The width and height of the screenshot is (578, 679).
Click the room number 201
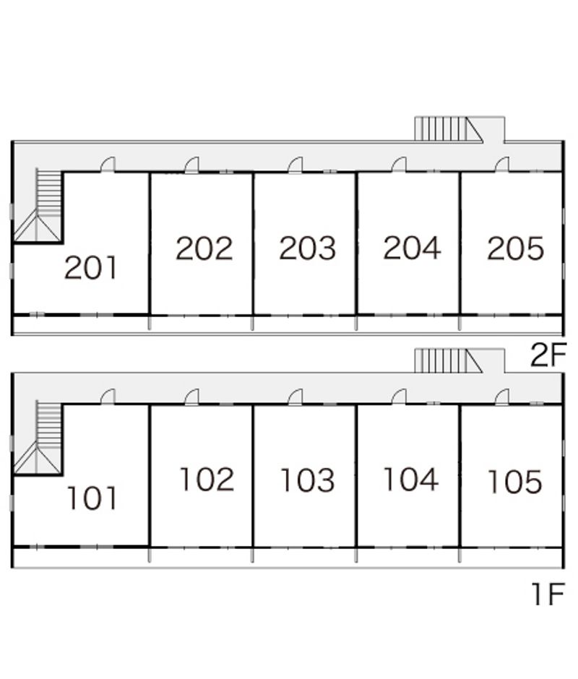click(90, 268)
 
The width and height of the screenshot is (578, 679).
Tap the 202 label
click(204, 248)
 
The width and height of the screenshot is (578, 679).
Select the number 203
click(308, 248)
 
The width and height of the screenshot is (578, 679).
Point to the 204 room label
click(412, 248)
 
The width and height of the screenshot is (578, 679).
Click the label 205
click(515, 248)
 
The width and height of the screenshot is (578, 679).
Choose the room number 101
click(92, 498)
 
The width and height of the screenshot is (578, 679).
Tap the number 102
click(207, 480)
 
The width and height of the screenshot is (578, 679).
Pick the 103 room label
click(308, 480)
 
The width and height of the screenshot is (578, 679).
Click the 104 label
click(410, 480)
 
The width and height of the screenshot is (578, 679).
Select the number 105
click(514, 482)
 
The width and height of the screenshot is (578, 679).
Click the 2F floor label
click(545, 356)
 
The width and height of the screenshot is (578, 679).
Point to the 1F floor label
click(547, 594)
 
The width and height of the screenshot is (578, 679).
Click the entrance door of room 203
click(295, 165)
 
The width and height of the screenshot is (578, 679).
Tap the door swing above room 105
click(501, 397)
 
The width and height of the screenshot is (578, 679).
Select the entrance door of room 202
click(191, 165)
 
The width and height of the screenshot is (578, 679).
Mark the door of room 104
click(398, 397)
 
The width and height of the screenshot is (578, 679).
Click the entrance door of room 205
click(501, 165)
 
